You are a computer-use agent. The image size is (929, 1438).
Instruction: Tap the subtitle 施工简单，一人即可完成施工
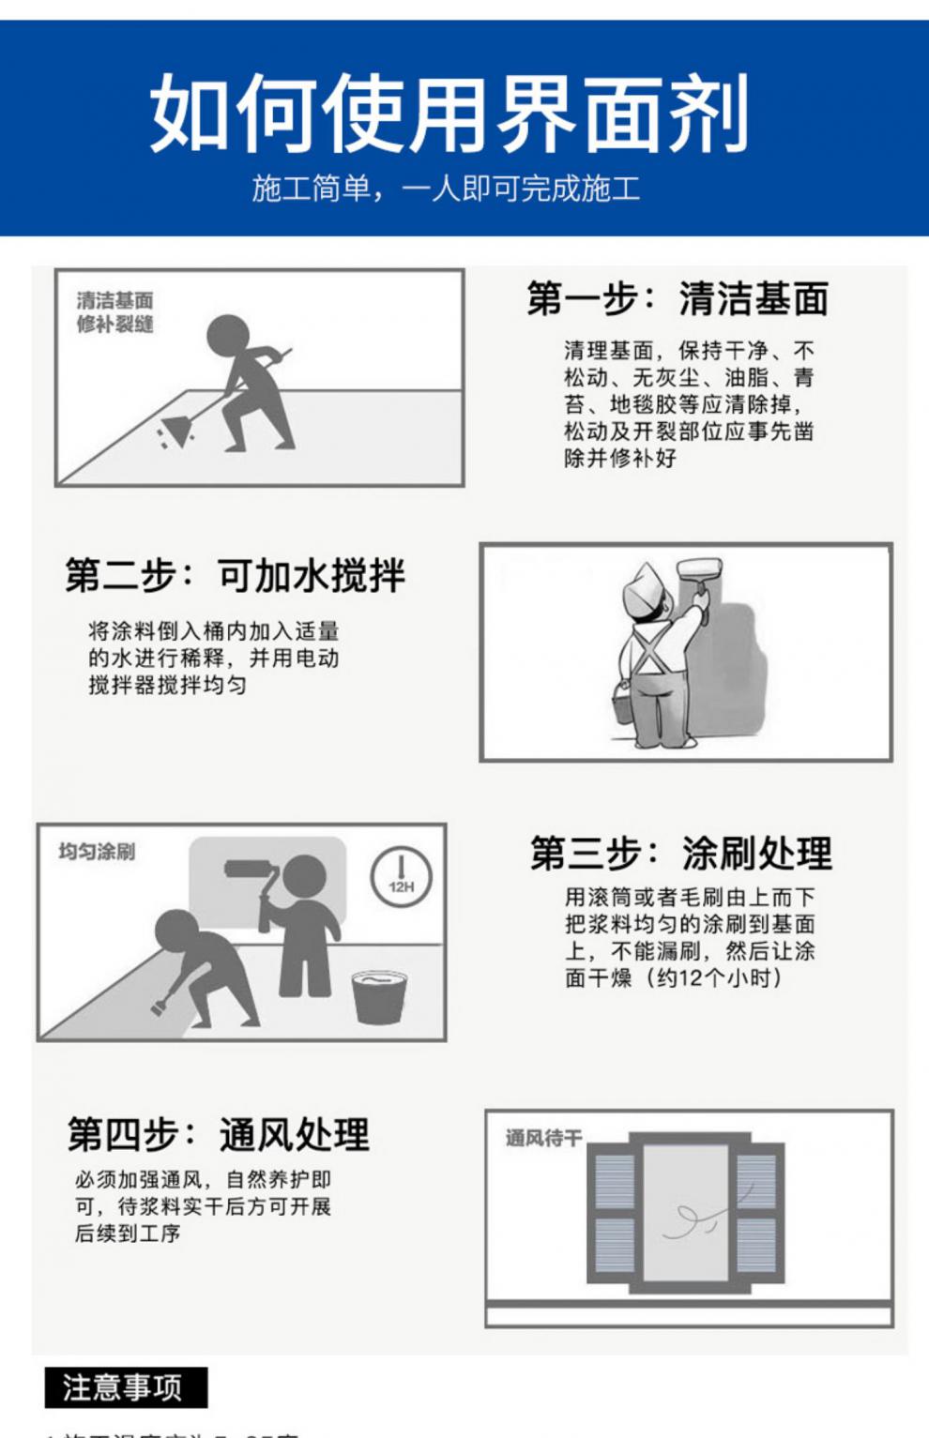pyautogui.click(x=446, y=189)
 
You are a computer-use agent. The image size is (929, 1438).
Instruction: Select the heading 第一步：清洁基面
pyautogui.click(x=677, y=299)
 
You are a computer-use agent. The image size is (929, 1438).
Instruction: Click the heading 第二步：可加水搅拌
pyautogui.click(x=235, y=575)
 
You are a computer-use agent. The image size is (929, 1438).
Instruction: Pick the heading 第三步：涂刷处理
pyautogui.click(x=680, y=853)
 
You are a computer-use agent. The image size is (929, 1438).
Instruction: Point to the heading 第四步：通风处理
pyautogui.click(x=218, y=1134)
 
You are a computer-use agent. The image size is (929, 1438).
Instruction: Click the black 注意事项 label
pyautogui.click(x=124, y=1387)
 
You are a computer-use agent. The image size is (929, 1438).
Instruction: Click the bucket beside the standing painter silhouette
pyautogui.click(x=379, y=997)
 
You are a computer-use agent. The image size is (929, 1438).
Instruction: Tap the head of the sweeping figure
pyautogui.click(x=228, y=337)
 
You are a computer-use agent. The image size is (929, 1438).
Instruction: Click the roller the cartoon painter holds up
pyautogui.click(x=699, y=568)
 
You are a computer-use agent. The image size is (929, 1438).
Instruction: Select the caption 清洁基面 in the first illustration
pyautogui.click(x=114, y=301)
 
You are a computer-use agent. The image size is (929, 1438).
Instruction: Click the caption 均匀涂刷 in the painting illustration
pyautogui.click(x=97, y=852)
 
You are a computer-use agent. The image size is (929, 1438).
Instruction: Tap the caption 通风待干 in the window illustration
pyautogui.click(x=543, y=1139)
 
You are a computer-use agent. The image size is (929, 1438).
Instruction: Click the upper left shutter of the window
pyautogui.click(x=616, y=1180)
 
